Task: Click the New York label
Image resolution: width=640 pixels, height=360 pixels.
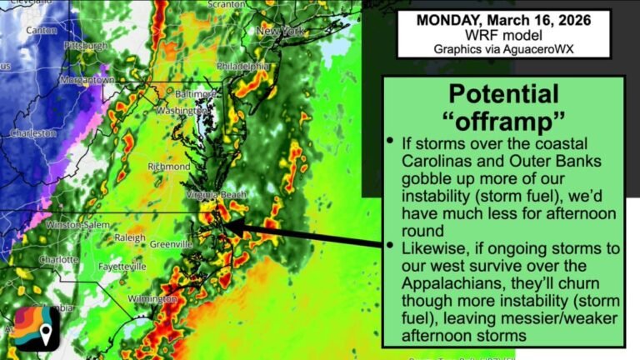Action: point(279,31)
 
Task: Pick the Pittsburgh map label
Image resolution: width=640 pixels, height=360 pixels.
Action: point(85,45)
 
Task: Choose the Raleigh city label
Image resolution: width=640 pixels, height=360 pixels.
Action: point(129,237)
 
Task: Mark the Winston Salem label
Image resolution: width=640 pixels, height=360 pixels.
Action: point(77,225)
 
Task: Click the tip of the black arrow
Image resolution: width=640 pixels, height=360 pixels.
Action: point(227,224)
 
